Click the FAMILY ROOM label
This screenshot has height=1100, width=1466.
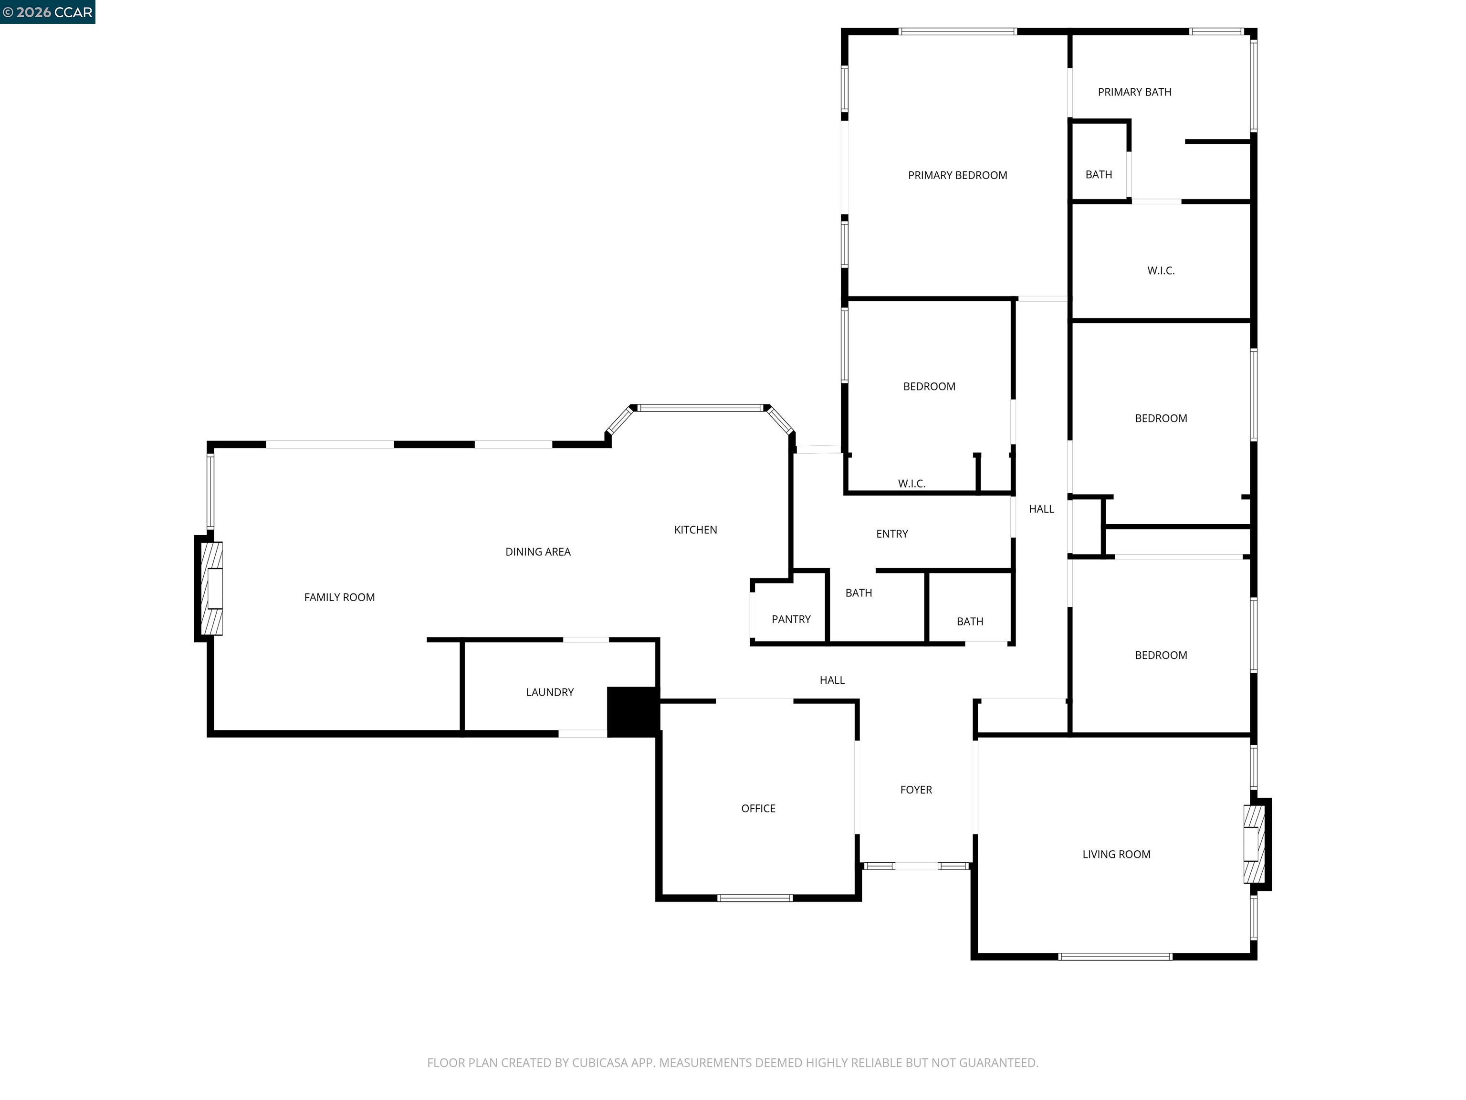point(339,597)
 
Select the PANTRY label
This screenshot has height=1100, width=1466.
point(791,619)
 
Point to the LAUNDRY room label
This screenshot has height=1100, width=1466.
point(549,692)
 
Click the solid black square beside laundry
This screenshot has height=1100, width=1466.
point(632,711)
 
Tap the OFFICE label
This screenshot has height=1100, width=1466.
point(758,808)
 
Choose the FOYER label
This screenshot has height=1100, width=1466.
point(916,790)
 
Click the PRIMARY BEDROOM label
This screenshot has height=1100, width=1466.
point(957,175)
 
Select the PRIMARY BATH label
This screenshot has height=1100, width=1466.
point(1134,92)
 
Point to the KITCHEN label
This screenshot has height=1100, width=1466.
point(695,530)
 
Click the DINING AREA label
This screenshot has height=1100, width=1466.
point(537,551)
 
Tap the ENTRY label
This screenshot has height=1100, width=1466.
point(891,534)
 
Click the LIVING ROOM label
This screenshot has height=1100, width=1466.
point(1116,855)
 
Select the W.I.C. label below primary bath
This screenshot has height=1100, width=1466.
point(1161,271)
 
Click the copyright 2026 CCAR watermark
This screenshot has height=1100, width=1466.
point(47,12)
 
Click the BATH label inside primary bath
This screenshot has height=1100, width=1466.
point(1098,174)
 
